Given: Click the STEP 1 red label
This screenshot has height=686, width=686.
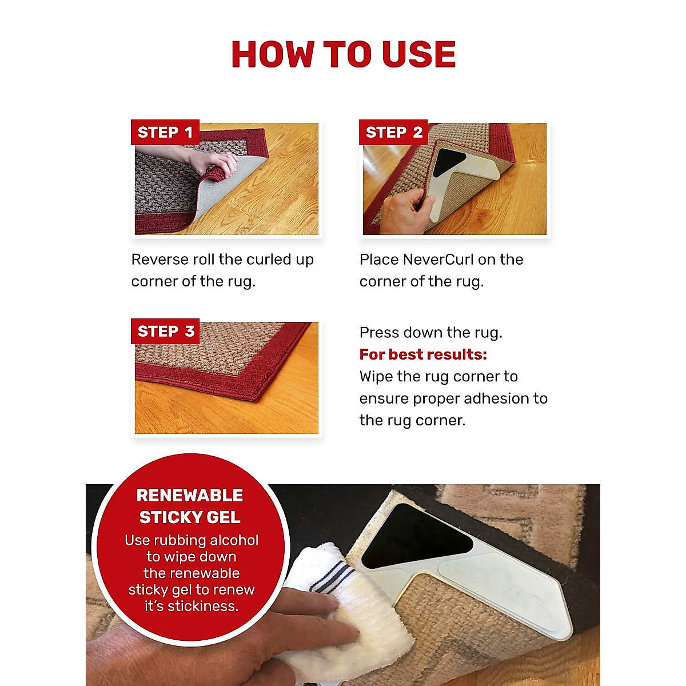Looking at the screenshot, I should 165,133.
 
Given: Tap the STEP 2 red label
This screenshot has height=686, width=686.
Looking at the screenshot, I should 393,133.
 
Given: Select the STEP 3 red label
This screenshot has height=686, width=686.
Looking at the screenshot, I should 165,332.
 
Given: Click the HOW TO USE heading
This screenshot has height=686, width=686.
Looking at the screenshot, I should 343,55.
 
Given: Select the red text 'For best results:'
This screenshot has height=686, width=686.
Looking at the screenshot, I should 423,354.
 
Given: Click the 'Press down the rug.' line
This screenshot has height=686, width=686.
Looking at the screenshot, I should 430,333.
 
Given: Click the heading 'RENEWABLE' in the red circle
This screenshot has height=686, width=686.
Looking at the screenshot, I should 190,496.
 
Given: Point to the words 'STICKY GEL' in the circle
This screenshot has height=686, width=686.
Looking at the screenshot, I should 190,517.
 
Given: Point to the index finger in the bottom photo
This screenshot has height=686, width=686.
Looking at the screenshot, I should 326,635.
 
